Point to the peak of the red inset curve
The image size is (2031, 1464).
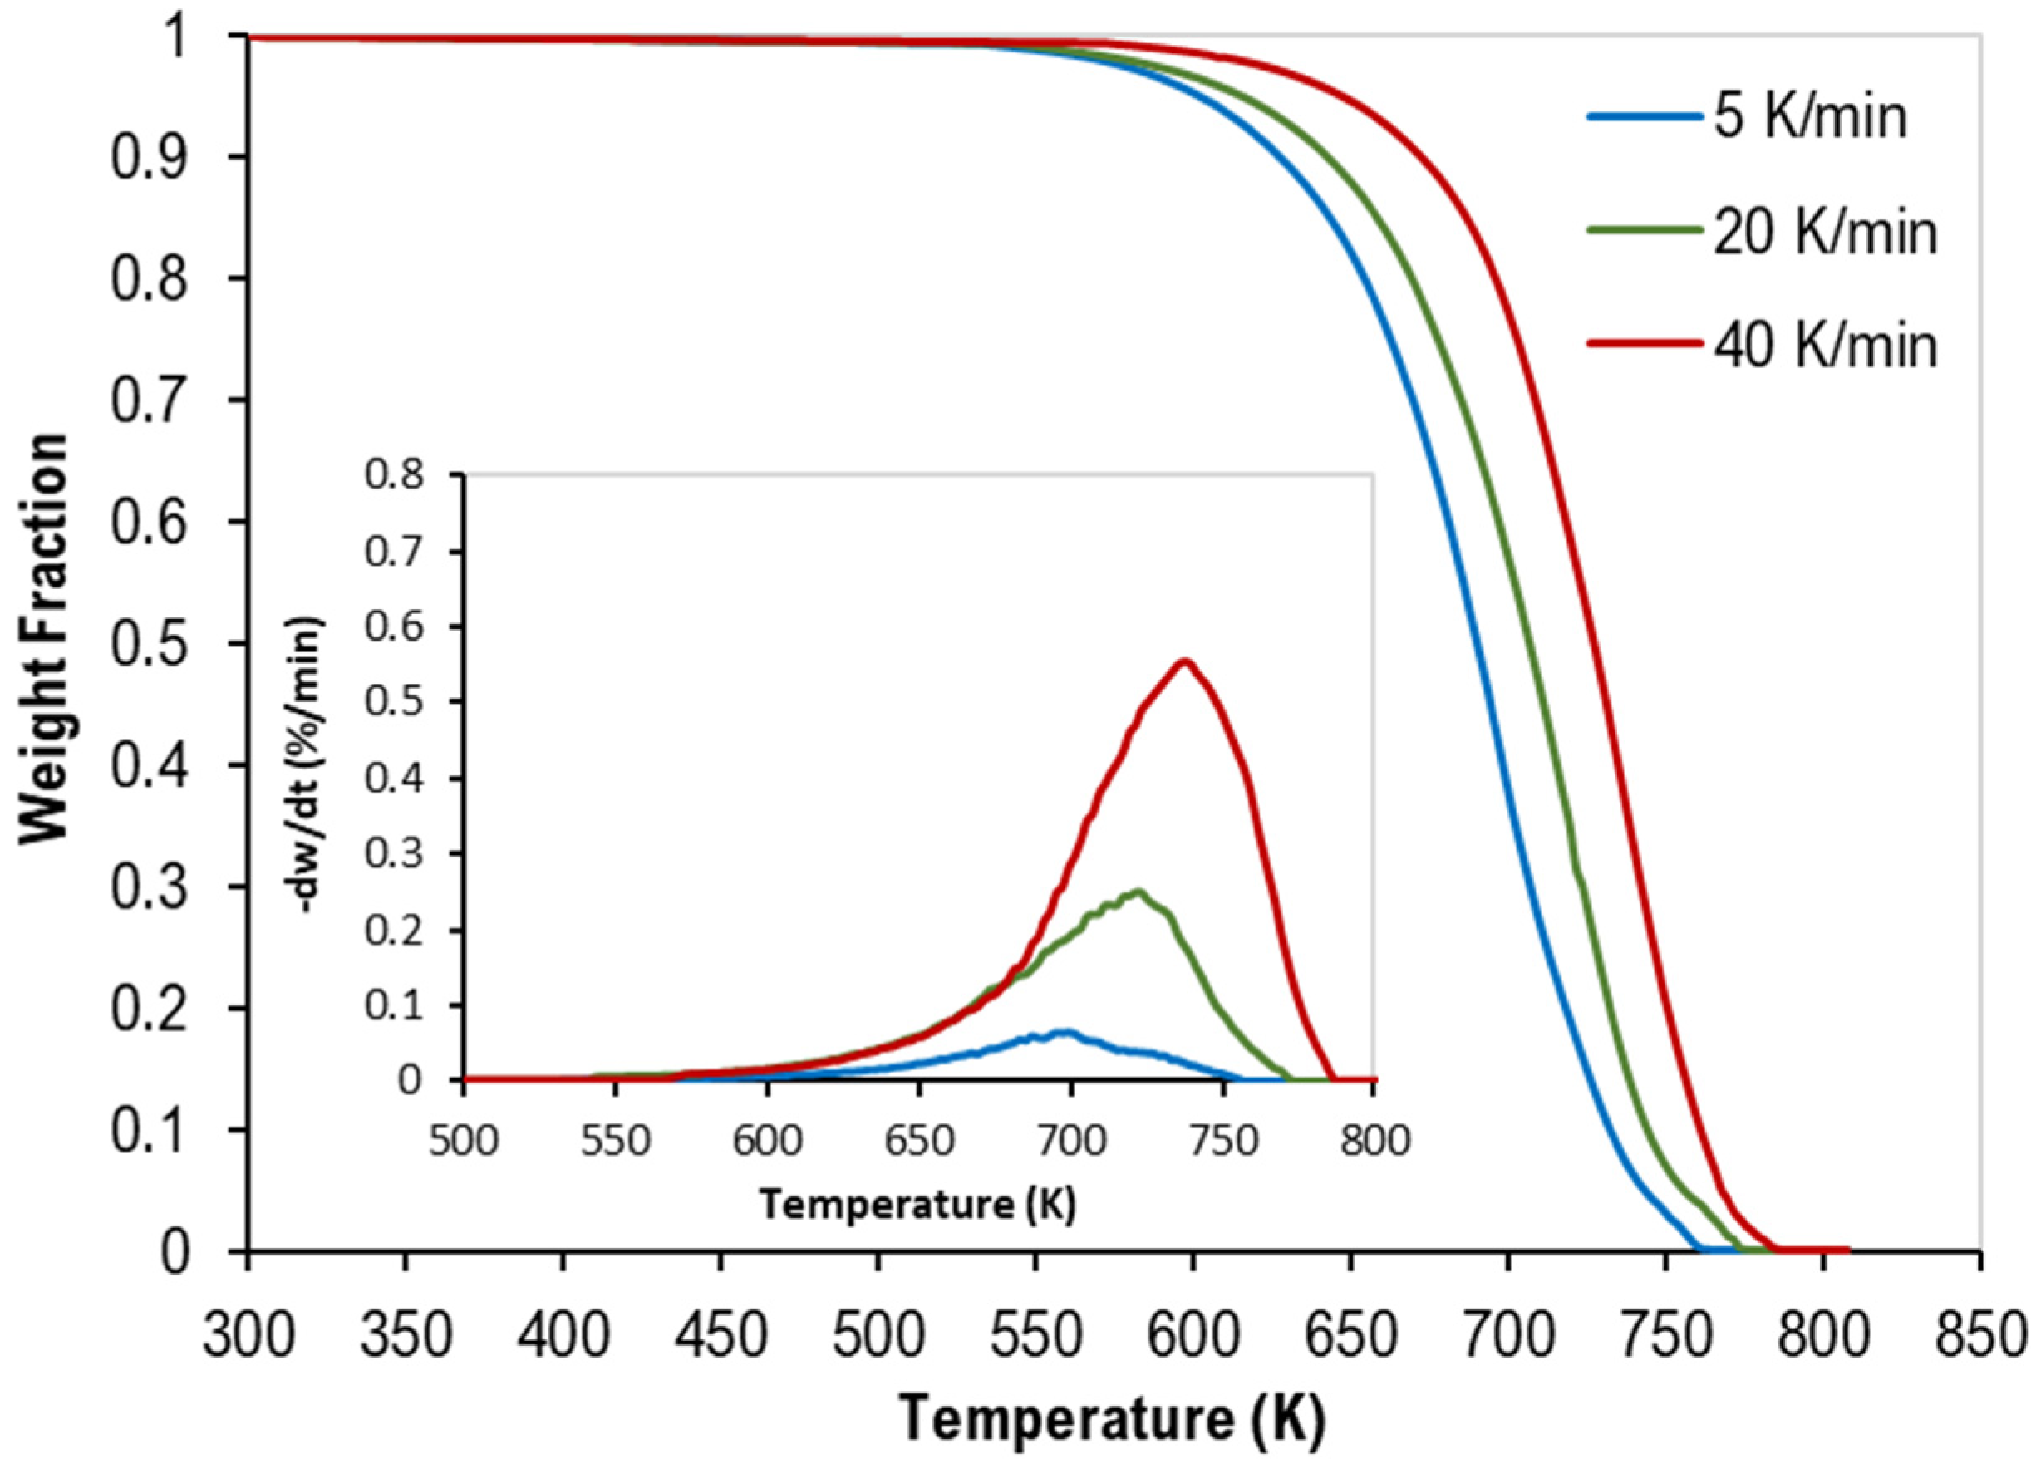tap(1184, 661)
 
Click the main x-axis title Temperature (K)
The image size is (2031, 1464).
tap(1112, 1418)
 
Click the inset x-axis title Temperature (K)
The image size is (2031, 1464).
tap(918, 1206)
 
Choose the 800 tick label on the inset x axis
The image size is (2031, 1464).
tap(1372, 1141)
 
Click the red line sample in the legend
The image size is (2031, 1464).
tap(1644, 343)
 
